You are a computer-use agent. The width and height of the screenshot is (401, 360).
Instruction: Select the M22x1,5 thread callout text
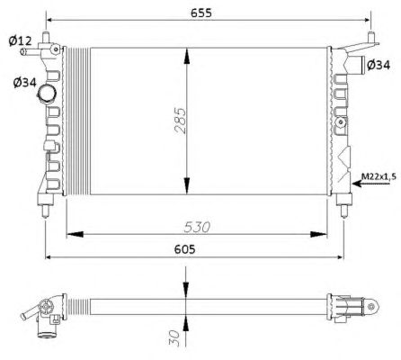pos(379,175)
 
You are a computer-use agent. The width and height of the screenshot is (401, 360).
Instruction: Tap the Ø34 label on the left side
pos(23,84)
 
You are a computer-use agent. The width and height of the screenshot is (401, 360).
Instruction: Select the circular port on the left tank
pos(56,93)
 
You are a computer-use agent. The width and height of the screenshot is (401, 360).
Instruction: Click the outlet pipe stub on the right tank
pos(359,65)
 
